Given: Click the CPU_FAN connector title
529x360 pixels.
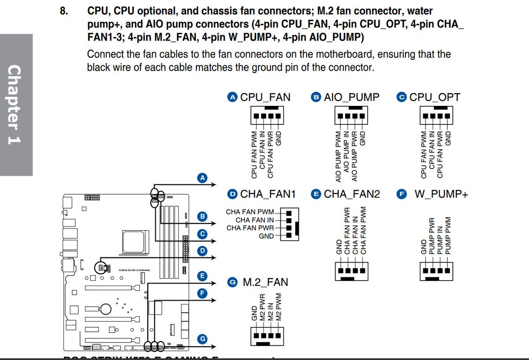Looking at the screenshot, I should point(265,97).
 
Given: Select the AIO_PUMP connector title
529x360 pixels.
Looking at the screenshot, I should point(351,97).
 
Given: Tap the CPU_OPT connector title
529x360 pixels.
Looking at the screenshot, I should point(435,97).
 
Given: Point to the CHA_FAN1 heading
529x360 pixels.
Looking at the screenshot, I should point(268,194).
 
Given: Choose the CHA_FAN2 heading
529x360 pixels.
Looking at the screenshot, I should point(351,194).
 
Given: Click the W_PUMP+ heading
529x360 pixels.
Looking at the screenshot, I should point(441,194).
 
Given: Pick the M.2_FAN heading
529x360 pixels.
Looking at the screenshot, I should point(265,282).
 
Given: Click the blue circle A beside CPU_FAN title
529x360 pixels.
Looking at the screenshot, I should point(232,97).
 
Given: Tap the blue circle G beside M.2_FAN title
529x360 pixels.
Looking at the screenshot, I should point(232,282).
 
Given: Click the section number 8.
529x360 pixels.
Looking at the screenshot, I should point(64,11).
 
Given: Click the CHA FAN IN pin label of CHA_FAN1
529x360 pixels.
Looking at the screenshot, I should point(255,220).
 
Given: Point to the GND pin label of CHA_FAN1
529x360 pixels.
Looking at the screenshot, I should point(266,236).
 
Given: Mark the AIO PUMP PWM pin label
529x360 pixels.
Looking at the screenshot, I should point(338,157).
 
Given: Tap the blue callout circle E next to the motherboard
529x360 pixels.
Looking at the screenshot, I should point(202,276).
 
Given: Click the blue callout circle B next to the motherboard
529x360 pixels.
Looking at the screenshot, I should point(202,216).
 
